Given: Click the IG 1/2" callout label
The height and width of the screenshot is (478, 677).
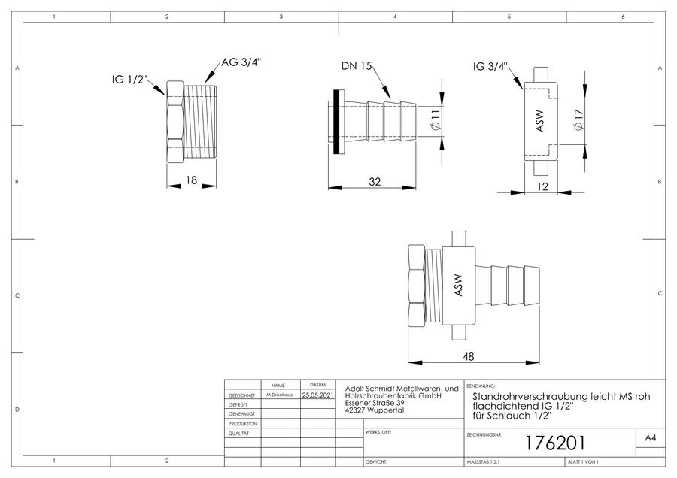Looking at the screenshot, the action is (x=129, y=80).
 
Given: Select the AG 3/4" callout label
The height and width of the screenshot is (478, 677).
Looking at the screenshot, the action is (x=241, y=62).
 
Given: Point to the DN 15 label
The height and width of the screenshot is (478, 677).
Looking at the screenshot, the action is (x=357, y=66).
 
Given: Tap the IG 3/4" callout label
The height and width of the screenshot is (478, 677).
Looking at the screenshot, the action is (x=490, y=67).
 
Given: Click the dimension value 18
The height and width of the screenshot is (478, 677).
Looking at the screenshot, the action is (x=191, y=180).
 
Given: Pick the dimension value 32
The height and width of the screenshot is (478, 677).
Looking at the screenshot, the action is (x=375, y=182).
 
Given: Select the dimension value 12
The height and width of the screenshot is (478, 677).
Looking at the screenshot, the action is (x=542, y=186).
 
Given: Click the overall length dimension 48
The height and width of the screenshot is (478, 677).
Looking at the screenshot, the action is (x=468, y=357).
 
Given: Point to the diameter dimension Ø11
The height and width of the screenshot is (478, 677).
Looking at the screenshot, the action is (x=436, y=120).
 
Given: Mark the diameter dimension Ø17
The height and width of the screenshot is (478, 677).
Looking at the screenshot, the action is (x=578, y=120).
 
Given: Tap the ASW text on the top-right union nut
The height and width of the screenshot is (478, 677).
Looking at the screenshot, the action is (x=539, y=121).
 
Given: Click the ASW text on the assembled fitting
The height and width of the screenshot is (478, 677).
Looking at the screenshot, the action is (x=458, y=285).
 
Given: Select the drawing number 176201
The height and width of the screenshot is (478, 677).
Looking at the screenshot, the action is (x=555, y=443).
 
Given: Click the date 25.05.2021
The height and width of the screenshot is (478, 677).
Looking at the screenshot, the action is (x=317, y=395).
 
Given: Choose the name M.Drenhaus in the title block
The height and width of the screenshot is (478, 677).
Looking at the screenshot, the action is (x=279, y=395).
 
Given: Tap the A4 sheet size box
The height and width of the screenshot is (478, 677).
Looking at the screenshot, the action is (x=651, y=438).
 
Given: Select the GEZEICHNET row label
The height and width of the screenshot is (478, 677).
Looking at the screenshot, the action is (x=241, y=395).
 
